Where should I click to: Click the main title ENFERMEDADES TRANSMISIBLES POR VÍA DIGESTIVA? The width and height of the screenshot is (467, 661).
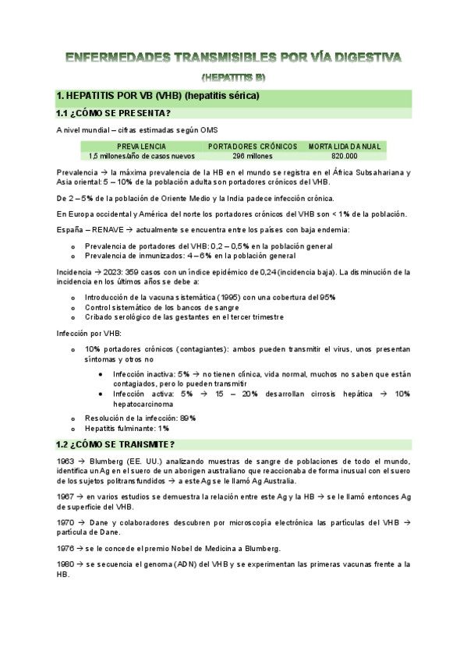pos(233,58)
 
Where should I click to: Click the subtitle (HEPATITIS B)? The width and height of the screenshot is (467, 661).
pos(233,77)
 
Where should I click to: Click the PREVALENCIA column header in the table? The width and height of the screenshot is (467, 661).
pos(140,146)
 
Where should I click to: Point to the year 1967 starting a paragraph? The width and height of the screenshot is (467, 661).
pos(65,496)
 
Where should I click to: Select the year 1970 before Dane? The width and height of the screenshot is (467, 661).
pos(65,522)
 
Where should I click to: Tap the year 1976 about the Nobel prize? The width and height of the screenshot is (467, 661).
pos(65,549)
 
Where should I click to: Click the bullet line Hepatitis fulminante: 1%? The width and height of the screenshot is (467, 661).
pos(127,428)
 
